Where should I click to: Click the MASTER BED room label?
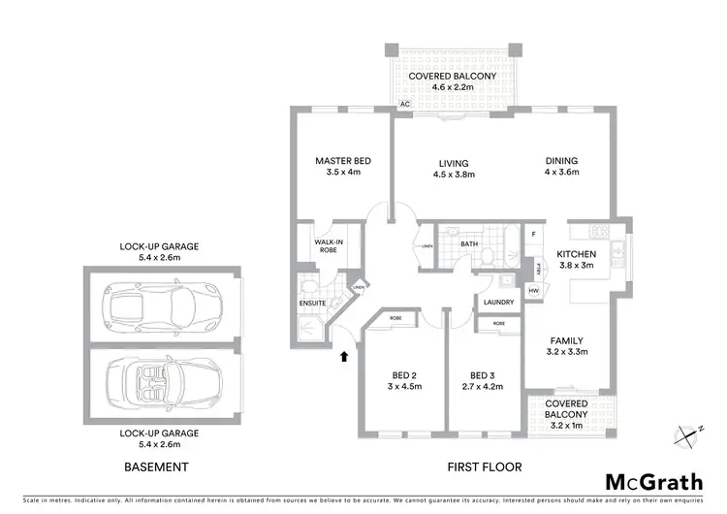(343, 161)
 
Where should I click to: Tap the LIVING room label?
(453, 163)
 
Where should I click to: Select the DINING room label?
(561, 161)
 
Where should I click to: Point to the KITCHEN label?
(577, 254)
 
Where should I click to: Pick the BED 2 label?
(404, 376)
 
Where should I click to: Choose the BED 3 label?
(482, 376)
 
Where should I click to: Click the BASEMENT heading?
(156, 466)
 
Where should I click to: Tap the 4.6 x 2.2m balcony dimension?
(452, 88)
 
